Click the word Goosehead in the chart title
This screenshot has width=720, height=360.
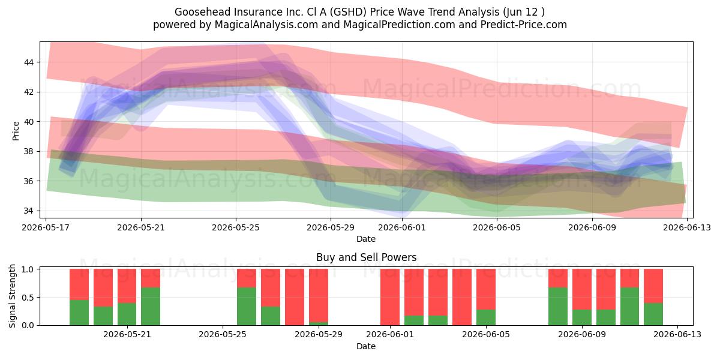click(x=203, y=12)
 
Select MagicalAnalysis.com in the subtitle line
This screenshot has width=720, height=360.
click(x=266, y=25)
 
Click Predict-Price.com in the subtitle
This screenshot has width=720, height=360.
click(x=524, y=25)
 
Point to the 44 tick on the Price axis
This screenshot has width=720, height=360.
click(x=29, y=62)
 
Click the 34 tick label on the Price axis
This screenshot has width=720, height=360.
click(x=29, y=211)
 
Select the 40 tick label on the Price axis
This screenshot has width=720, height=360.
click(x=29, y=122)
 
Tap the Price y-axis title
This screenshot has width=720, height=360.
click(x=16, y=131)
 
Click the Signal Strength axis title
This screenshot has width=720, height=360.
click(x=12, y=296)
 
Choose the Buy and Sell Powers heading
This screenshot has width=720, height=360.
click(x=367, y=257)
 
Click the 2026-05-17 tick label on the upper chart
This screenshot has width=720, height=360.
click(x=46, y=227)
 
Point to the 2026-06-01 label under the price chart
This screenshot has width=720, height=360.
click(x=402, y=227)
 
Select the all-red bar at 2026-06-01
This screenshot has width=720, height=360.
click(x=390, y=297)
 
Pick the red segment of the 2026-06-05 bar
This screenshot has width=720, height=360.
click(x=486, y=289)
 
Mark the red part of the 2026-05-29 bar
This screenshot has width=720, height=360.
click(x=319, y=295)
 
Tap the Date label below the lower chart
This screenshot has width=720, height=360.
click(x=366, y=346)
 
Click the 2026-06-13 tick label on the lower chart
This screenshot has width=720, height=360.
click(x=677, y=335)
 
